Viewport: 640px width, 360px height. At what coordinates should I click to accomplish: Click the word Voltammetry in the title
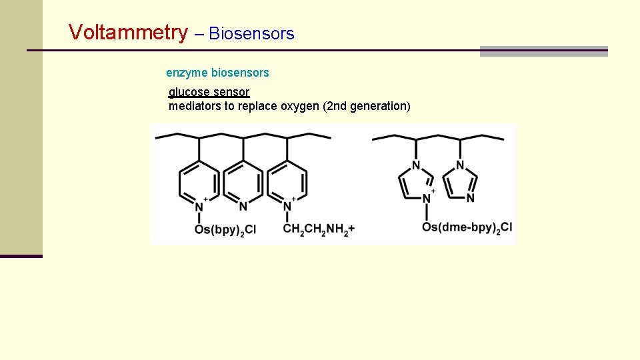129,32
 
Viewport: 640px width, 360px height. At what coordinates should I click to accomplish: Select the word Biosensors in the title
251,33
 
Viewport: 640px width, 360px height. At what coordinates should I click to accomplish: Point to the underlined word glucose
189,92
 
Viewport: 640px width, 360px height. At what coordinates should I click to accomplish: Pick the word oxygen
299,106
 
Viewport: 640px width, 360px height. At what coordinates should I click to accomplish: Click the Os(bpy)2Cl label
225,229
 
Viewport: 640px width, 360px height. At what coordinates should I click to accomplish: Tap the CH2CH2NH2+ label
319,229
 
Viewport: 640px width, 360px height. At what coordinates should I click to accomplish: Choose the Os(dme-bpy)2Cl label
467,227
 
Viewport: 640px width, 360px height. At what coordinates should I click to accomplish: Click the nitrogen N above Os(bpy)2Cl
199,206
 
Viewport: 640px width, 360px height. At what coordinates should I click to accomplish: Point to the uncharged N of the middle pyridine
243,206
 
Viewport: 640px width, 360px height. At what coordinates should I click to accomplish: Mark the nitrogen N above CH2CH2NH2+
287,206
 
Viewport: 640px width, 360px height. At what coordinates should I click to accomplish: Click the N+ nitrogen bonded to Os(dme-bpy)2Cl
426,199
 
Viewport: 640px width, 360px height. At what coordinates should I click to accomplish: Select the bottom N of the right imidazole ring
470,198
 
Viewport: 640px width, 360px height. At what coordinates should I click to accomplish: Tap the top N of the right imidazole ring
460,165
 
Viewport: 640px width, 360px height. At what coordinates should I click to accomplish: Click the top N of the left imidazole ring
416,165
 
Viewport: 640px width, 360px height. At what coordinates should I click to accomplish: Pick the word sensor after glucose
231,92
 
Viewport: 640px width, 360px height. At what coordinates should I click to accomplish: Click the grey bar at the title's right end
544,51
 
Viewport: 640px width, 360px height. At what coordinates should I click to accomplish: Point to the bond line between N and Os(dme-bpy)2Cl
426,212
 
